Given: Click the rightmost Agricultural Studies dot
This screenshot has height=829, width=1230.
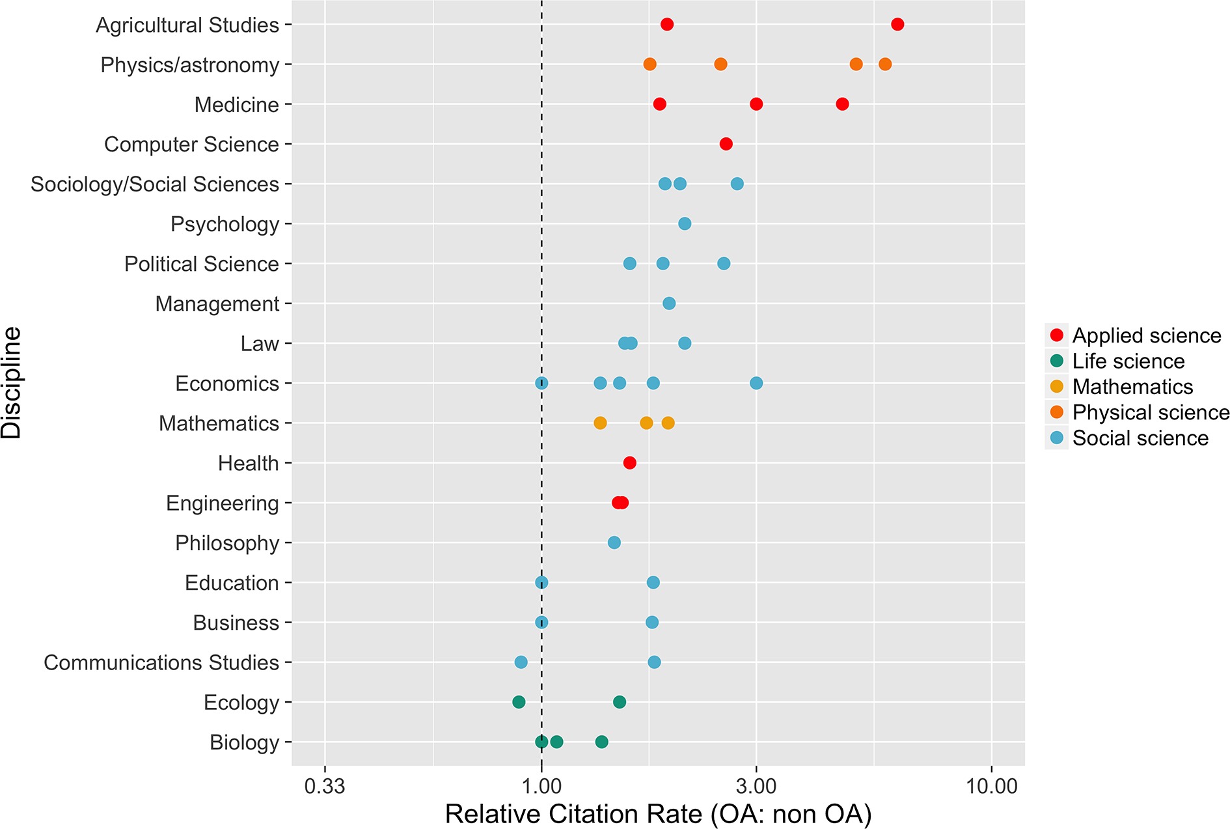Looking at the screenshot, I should (x=897, y=25).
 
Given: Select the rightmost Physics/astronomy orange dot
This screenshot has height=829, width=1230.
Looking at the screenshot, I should (x=885, y=64).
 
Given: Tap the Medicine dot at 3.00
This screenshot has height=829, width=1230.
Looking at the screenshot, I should (x=756, y=104).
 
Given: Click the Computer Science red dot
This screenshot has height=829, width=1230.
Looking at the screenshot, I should (x=726, y=144).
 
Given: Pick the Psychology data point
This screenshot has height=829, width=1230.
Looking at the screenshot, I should (x=685, y=224).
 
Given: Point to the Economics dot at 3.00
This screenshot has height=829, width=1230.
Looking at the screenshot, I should (x=756, y=383).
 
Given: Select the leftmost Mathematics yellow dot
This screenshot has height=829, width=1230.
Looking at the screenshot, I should (x=600, y=423).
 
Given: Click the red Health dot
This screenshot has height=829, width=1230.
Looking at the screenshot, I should (x=629, y=463).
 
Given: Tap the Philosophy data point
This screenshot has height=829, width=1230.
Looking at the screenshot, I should (x=614, y=542).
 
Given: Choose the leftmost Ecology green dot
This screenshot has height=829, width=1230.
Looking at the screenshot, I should (x=519, y=702).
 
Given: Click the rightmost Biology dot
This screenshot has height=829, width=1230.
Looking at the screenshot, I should (x=602, y=742).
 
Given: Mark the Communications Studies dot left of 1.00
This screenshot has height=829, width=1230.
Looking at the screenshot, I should (x=521, y=662).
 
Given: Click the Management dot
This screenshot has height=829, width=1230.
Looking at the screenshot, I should (x=669, y=303).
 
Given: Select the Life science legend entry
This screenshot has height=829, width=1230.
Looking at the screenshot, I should (x=1128, y=361).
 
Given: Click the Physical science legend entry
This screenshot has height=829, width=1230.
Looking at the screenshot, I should (x=1150, y=412).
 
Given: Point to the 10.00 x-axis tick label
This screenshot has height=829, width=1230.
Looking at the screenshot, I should (x=991, y=786).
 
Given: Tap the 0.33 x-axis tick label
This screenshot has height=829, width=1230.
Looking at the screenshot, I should (x=325, y=786).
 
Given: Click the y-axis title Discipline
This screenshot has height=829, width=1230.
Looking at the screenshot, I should (x=12, y=383).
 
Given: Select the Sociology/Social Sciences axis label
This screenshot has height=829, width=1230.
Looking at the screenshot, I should (x=155, y=184).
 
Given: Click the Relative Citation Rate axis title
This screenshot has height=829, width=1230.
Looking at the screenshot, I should (x=658, y=814).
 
